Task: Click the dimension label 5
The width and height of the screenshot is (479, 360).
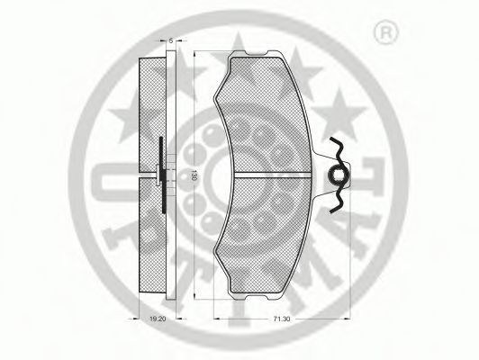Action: point(169,40)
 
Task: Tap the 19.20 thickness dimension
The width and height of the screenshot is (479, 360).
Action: point(159,318)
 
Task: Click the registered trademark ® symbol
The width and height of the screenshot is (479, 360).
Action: point(385,33)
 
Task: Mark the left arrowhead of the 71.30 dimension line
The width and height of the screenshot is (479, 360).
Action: point(212,310)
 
